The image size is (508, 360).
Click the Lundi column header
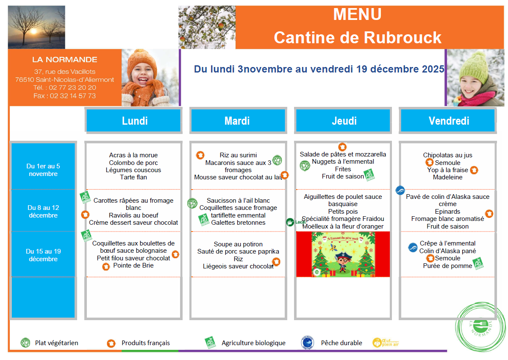coord(134,121)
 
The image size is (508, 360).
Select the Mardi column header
coord(237,121)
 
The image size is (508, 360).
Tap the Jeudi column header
coord(344,121)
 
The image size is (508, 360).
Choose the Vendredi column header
coord(449,121)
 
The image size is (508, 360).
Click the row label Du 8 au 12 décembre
coord(43,212)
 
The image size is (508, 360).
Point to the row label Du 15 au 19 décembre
coord(43,255)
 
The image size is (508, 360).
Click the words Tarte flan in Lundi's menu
coord(133,177)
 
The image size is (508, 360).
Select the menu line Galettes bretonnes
coord(238,223)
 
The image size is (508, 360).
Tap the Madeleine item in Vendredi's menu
coord(447,177)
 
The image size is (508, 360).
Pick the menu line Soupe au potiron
coord(238,244)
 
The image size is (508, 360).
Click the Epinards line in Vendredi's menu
coord(447,212)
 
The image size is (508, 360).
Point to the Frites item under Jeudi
coord(343,169)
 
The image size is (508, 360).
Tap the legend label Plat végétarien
coord(56,343)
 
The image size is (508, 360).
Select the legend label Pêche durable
coord(341,343)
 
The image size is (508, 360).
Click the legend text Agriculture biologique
coord(253,343)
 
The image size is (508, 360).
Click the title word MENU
coord(357,14)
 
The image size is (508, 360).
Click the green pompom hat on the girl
coord(471,68)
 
